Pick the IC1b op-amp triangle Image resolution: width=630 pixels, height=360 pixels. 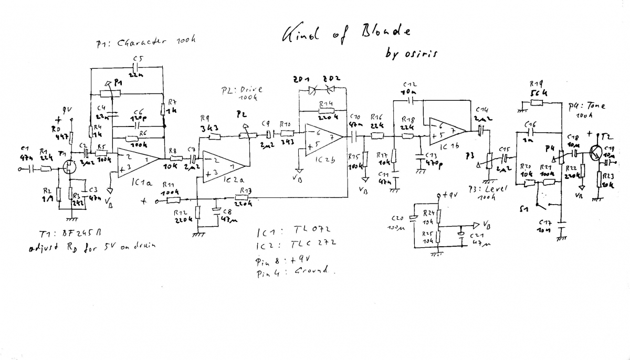447,131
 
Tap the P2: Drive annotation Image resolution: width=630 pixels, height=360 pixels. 243,93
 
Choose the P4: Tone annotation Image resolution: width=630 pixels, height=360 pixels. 586,109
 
